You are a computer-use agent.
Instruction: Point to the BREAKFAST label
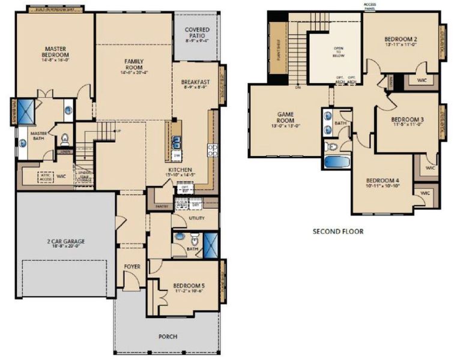195,82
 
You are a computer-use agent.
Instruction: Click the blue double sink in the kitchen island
177,142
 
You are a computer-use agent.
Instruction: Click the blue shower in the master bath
26,109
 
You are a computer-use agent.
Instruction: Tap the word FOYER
132,266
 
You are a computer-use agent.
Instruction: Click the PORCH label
168,337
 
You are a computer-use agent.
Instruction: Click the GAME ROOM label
285,116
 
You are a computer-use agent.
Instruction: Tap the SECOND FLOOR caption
338,230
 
